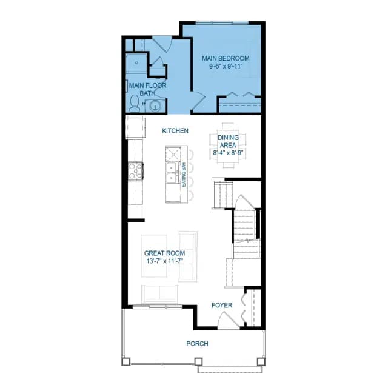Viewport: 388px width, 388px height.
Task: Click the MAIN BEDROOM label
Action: click(226, 58)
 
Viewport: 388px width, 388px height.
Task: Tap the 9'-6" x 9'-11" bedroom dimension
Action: click(225, 66)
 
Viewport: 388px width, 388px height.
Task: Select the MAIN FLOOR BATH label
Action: click(147, 89)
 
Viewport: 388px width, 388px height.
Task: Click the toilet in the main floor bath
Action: click(135, 104)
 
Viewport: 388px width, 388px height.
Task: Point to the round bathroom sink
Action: click(155, 106)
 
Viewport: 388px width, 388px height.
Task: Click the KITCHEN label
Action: click(175, 131)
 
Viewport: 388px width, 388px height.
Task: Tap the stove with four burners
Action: click(136, 170)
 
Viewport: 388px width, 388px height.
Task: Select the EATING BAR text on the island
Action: click(184, 175)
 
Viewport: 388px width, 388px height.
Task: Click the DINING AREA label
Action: click(228, 141)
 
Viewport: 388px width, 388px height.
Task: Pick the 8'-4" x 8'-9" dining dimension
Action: click(229, 153)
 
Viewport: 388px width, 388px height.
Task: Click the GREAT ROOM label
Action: click(164, 253)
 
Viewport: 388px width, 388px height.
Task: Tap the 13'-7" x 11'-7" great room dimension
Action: click(164, 261)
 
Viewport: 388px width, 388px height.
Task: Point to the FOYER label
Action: click(222, 306)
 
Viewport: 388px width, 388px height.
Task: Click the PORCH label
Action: click(197, 344)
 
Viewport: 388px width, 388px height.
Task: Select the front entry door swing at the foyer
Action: click(228, 320)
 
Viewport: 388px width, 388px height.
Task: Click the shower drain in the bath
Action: click(136, 62)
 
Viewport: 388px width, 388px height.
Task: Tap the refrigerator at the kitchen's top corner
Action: click(135, 128)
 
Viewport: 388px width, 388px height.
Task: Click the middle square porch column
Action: click(198, 362)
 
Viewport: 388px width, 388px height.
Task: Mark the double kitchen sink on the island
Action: click(172, 173)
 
